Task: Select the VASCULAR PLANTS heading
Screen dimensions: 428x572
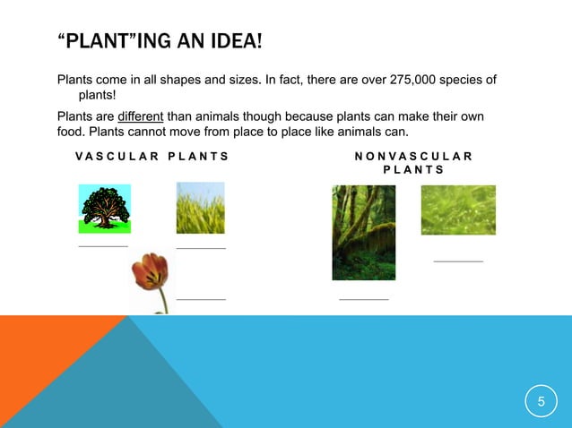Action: click(152, 156)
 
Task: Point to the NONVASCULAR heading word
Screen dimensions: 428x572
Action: click(413, 156)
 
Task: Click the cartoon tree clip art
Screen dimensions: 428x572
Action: click(105, 209)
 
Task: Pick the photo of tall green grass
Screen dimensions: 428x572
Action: click(201, 208)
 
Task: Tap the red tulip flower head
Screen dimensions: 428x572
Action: click(150, 271)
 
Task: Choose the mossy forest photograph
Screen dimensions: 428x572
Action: click(363, 232)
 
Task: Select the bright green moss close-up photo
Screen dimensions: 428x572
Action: click(458, 210)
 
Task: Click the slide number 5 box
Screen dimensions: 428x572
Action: click(541, 402)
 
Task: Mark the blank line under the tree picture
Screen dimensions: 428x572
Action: click(103, 245)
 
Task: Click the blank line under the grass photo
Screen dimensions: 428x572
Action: click(201, 248)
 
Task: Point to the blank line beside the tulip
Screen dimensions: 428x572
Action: click(201, 299)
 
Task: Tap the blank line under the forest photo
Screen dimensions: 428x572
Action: click(364, 299)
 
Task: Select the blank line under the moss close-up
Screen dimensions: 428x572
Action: click(458, 261)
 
